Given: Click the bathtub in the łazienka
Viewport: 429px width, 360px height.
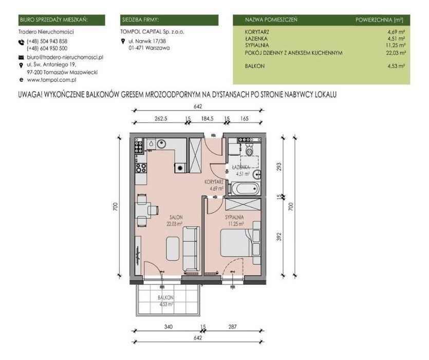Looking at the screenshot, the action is coord(245,189).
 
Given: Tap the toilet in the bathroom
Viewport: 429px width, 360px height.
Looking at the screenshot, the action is coord(249,150).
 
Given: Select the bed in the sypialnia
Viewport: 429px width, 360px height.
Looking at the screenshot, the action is coord(237,243).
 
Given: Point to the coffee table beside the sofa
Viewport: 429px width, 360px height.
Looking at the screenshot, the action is coord(173,248).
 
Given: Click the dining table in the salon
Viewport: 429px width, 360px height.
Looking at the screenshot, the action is coord(141,210).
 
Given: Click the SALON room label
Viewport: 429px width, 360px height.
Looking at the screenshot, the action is coord(176,217).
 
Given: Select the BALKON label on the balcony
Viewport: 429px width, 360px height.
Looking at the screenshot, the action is coord(165,298).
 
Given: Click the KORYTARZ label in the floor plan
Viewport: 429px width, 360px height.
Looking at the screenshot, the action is coord(214,182).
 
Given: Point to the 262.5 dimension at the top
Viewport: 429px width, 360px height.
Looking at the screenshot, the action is coord(161,119).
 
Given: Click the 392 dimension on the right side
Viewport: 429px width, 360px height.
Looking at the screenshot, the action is coord(279,237).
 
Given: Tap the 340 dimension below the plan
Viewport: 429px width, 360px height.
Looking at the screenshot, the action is coord(169,327).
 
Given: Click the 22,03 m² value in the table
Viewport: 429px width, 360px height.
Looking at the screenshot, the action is coord(396,53).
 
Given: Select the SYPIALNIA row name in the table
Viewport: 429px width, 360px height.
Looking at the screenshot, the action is coord(257,45).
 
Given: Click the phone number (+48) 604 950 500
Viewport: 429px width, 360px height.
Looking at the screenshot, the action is coord(47,48).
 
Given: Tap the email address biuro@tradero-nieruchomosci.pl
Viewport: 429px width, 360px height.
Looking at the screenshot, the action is coord(65,58).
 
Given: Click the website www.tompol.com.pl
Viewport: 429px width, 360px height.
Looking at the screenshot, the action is coord(51,80).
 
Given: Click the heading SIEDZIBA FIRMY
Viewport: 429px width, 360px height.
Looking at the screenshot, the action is coord(141,20).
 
